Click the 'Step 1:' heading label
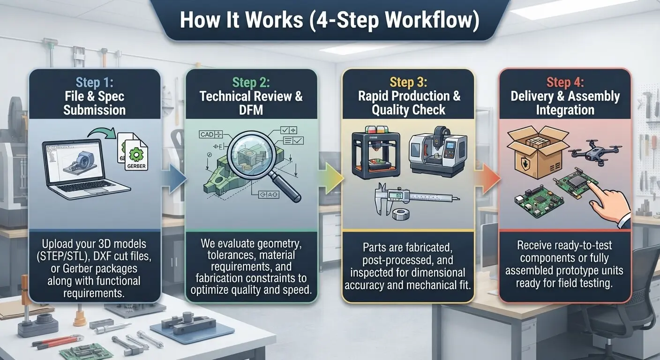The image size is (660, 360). point(94,82)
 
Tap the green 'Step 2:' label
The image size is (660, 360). point(251,82)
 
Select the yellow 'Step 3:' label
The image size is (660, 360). point(408,82)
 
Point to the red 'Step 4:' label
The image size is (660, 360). point(565,82)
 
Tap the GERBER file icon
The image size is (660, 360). point(136,155)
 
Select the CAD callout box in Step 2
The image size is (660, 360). point(210,135)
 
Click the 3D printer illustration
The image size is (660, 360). point(376,152)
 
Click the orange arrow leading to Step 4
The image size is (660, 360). point(487,179)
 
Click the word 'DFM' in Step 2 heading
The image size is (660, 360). point(251,110)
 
